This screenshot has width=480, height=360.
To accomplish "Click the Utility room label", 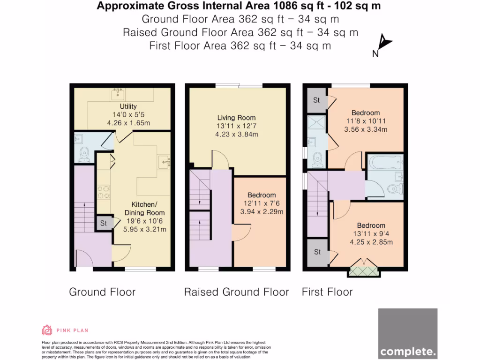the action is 128,106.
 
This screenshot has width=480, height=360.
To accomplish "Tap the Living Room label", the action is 236,118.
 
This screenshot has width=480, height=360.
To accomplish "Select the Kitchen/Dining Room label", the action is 144,209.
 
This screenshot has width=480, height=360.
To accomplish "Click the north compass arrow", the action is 384,42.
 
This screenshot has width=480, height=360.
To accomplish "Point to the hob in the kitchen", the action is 104,192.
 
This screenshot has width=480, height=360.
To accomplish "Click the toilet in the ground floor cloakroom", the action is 83,155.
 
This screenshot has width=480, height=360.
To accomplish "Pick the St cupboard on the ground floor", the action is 104,223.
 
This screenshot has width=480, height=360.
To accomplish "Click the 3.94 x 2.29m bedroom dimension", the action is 262,211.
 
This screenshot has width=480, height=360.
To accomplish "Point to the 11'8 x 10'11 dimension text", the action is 366,121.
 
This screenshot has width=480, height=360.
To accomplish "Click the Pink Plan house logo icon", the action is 47,330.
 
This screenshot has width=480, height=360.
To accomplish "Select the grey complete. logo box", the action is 408,334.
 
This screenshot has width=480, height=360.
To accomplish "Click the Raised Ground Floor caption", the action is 236,292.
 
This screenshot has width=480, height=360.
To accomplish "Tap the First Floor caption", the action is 327,292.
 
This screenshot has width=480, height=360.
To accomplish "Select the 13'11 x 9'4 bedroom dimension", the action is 371,233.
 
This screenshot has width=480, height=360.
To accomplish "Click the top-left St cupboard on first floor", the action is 317,100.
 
